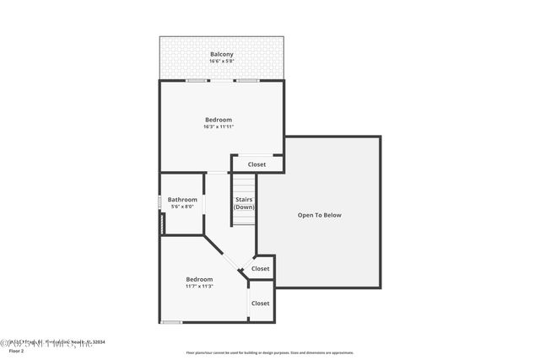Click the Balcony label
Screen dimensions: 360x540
click(x=222, y=55)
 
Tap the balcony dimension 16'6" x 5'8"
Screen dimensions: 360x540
click(x=222, y=62)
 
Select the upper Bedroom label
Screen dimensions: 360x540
click(x=218, y=120)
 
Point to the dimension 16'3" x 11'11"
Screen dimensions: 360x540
click(x=218, y=127)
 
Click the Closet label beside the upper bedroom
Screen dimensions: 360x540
click(x=256, y=164)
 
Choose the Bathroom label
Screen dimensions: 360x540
click(x=182, y=200)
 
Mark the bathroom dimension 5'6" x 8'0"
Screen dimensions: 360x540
click(x=182, y=207)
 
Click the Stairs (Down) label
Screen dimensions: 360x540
click(x=245, y=203)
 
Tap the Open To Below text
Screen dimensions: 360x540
click(x=320, y=215)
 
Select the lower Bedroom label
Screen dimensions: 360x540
click(x=199, y=279)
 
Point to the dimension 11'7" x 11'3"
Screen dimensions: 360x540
click(x=199, y=287)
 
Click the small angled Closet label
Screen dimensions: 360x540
click(x=261, y=269)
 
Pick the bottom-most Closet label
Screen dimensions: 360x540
click(x=260, y=304)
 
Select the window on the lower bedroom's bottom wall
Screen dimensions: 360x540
click(x=171, y=322)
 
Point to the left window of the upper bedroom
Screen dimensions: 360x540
click(x=197, y=81)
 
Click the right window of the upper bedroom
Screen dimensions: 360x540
click(x=246, y=81)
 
